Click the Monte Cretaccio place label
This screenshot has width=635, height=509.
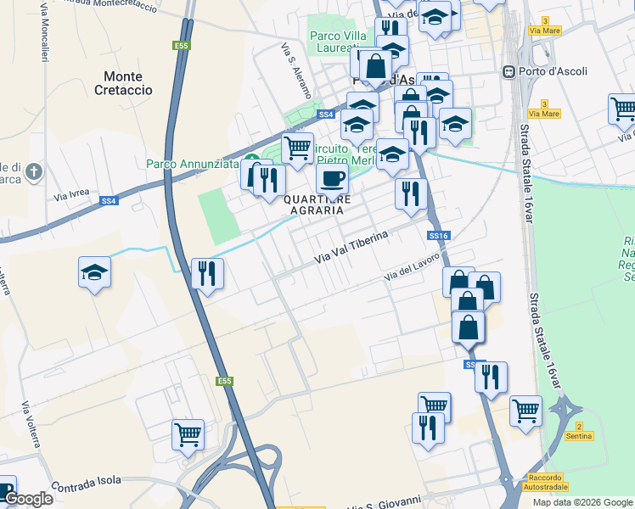click(x=128, y=82)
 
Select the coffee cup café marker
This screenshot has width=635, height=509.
click(x=332, y=178)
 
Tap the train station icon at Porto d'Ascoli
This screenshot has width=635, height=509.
click(x=509, y=71)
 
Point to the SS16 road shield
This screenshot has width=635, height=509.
click(x=438, y=235)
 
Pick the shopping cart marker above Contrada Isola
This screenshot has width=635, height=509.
click(x=188, y=434)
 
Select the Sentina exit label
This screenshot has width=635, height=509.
click(x=578, y=435)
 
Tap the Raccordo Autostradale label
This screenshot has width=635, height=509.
click(x=544, y=482)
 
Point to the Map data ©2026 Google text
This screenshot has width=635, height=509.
click(x=582, y=502)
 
